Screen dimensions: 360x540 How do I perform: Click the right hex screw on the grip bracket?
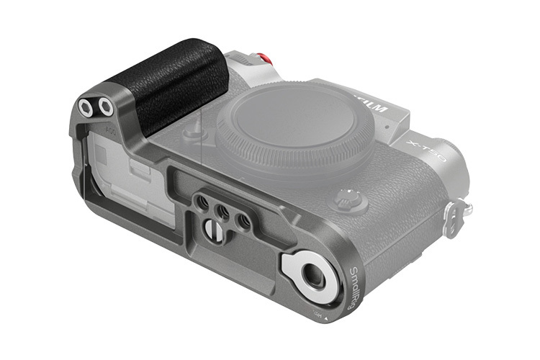tap(106, 108)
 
